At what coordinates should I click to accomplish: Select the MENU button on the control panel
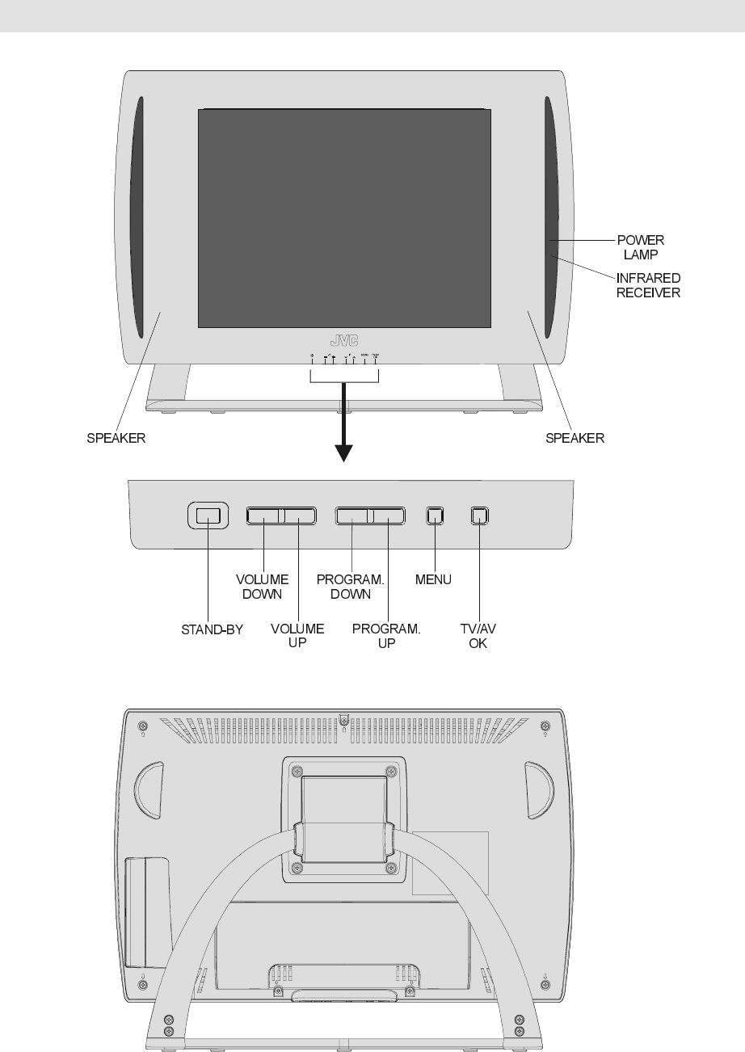[x=436, y=515]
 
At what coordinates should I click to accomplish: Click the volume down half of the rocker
[x=263, y=515]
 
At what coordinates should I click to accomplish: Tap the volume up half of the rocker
[x=297, y=515]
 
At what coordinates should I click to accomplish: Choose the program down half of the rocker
[x=353, y=515]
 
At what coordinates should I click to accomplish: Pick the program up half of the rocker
[x=388, y=515]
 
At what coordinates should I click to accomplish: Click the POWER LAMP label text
[x=642, y=246]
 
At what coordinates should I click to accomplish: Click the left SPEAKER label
[x=116, y=439]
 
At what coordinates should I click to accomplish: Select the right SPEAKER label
[x=575, y=439]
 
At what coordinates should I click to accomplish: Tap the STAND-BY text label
[x=212, y=629]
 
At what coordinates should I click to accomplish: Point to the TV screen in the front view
[x=345, y=218]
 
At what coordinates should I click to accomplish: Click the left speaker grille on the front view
[x=137, y=218]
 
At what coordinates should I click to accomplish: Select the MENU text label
[x=434, y=580]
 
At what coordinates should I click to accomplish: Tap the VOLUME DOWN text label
[x=262, y=587]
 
